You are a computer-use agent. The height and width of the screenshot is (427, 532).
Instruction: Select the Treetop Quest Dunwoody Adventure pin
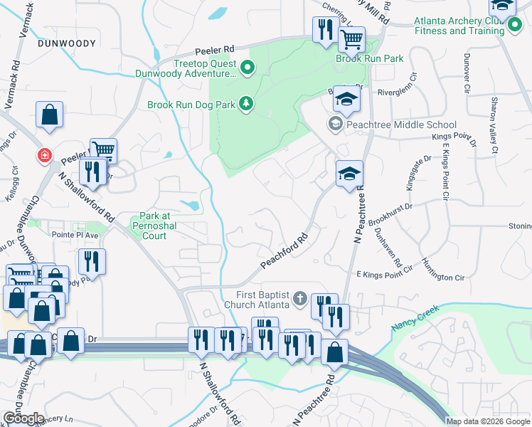[x=248, y=68]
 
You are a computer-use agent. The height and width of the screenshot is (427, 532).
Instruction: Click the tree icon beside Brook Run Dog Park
[x=246, y=104]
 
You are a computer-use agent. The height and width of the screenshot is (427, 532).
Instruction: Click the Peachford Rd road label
[x=284, y=252]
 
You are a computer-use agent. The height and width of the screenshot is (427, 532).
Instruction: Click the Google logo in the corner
[x=23, y=418]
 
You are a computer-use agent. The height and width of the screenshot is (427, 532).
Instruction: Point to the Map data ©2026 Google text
[x=488, y=421]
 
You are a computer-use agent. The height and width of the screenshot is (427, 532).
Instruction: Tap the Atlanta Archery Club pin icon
[x=514, y=27]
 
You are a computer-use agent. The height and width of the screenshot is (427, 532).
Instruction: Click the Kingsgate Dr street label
[x=420, y=175]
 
